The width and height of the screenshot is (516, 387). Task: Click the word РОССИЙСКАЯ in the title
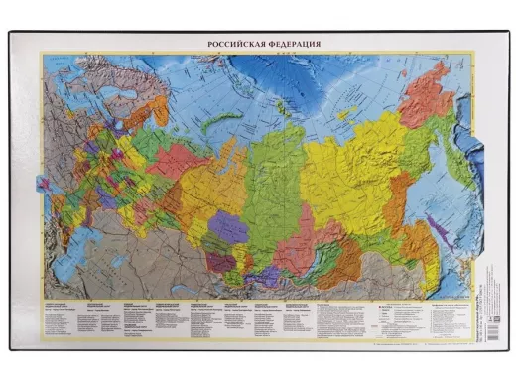tap(235, 45)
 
